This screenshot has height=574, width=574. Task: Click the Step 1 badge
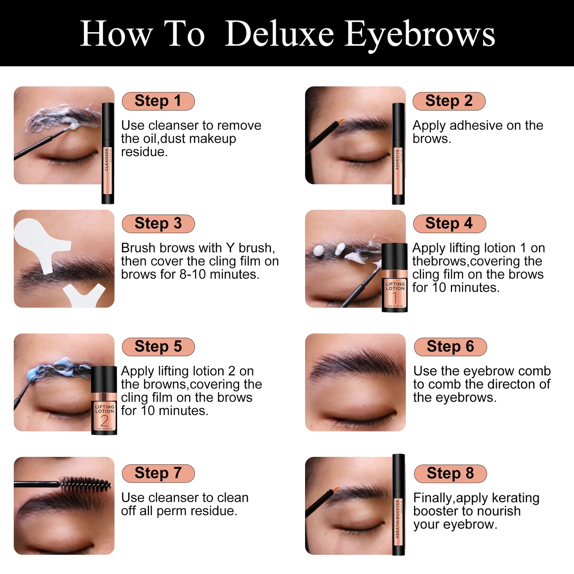(158, 101)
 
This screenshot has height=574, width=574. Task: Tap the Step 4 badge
(449, 223)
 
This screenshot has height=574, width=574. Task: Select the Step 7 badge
(158, 473)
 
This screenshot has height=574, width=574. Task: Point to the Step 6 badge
(450, 346)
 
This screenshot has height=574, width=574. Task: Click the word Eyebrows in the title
(419, 34)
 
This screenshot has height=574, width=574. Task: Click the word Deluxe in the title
(279, 34)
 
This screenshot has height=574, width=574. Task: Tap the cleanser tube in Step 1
(108, 153)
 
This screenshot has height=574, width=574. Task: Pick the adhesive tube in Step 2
(398, 153)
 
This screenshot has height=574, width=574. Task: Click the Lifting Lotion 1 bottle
(394, 278)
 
